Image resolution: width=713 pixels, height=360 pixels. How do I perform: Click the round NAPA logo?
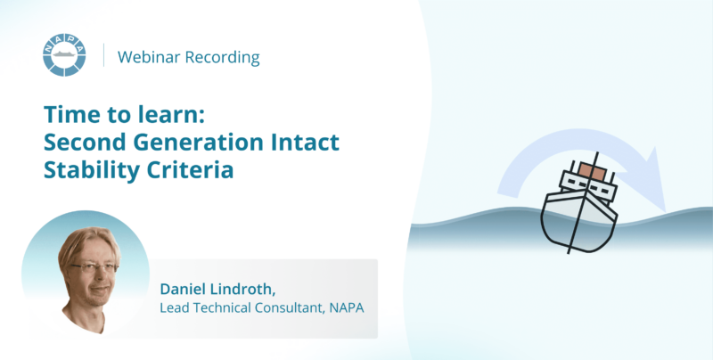64,54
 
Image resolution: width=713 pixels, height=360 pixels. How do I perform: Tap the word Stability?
92,170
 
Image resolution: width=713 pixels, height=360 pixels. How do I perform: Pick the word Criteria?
190,169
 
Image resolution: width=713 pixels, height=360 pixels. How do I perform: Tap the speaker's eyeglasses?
94,268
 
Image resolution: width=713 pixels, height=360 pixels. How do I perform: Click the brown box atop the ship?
592,171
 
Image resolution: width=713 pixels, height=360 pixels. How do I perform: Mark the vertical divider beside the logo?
104,55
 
